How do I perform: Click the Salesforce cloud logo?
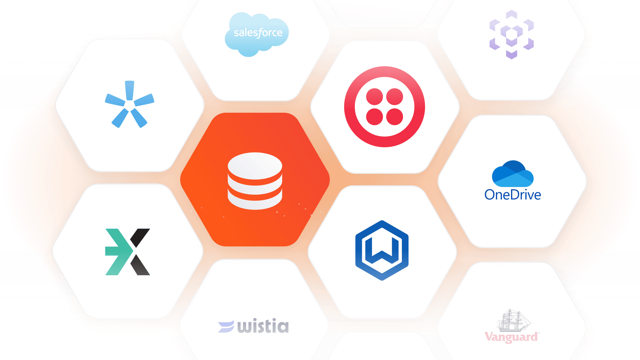(x=257, y=34)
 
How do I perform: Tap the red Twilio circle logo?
(x=384, y=107)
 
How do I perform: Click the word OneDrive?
(x=512, y=195)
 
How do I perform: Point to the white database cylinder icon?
(x=255, y=181)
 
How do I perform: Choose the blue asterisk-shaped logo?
(x=129, y=104)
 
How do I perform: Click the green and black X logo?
(x=128, y=252)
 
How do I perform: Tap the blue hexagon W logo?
(x=382, y=250)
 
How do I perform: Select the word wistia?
(x=263, y=326)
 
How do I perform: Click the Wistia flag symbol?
(x=226, y=327)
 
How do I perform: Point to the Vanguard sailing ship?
(x=513, y=320)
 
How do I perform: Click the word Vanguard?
(x=511, y=337)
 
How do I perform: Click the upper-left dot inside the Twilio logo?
(x=374, y=97)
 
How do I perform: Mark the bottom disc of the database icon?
(x=255, y=202)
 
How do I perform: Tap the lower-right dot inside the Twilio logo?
(x=395, y=117)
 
